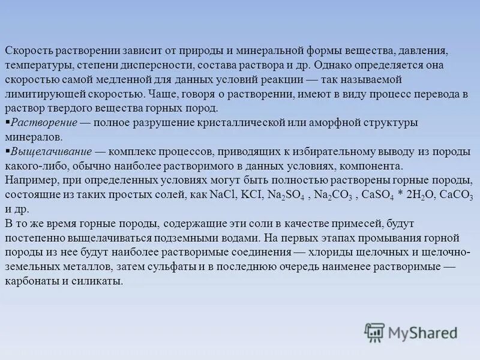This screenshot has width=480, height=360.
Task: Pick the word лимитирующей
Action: point(47,94)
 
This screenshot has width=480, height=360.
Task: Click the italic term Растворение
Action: point(44,122)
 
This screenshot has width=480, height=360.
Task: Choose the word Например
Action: point(29,180)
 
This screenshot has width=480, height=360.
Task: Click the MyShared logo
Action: point(411,332)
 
